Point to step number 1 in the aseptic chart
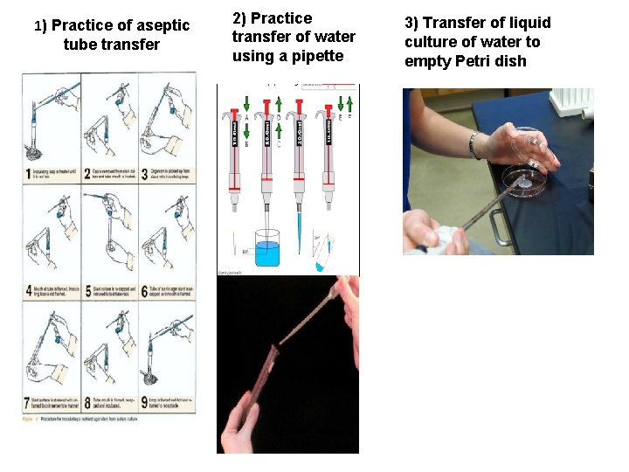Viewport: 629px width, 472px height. [29, 174]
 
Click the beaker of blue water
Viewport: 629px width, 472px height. [266, 248]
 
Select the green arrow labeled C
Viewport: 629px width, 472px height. [278, 131]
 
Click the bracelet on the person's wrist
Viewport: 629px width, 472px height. [474, 145]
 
